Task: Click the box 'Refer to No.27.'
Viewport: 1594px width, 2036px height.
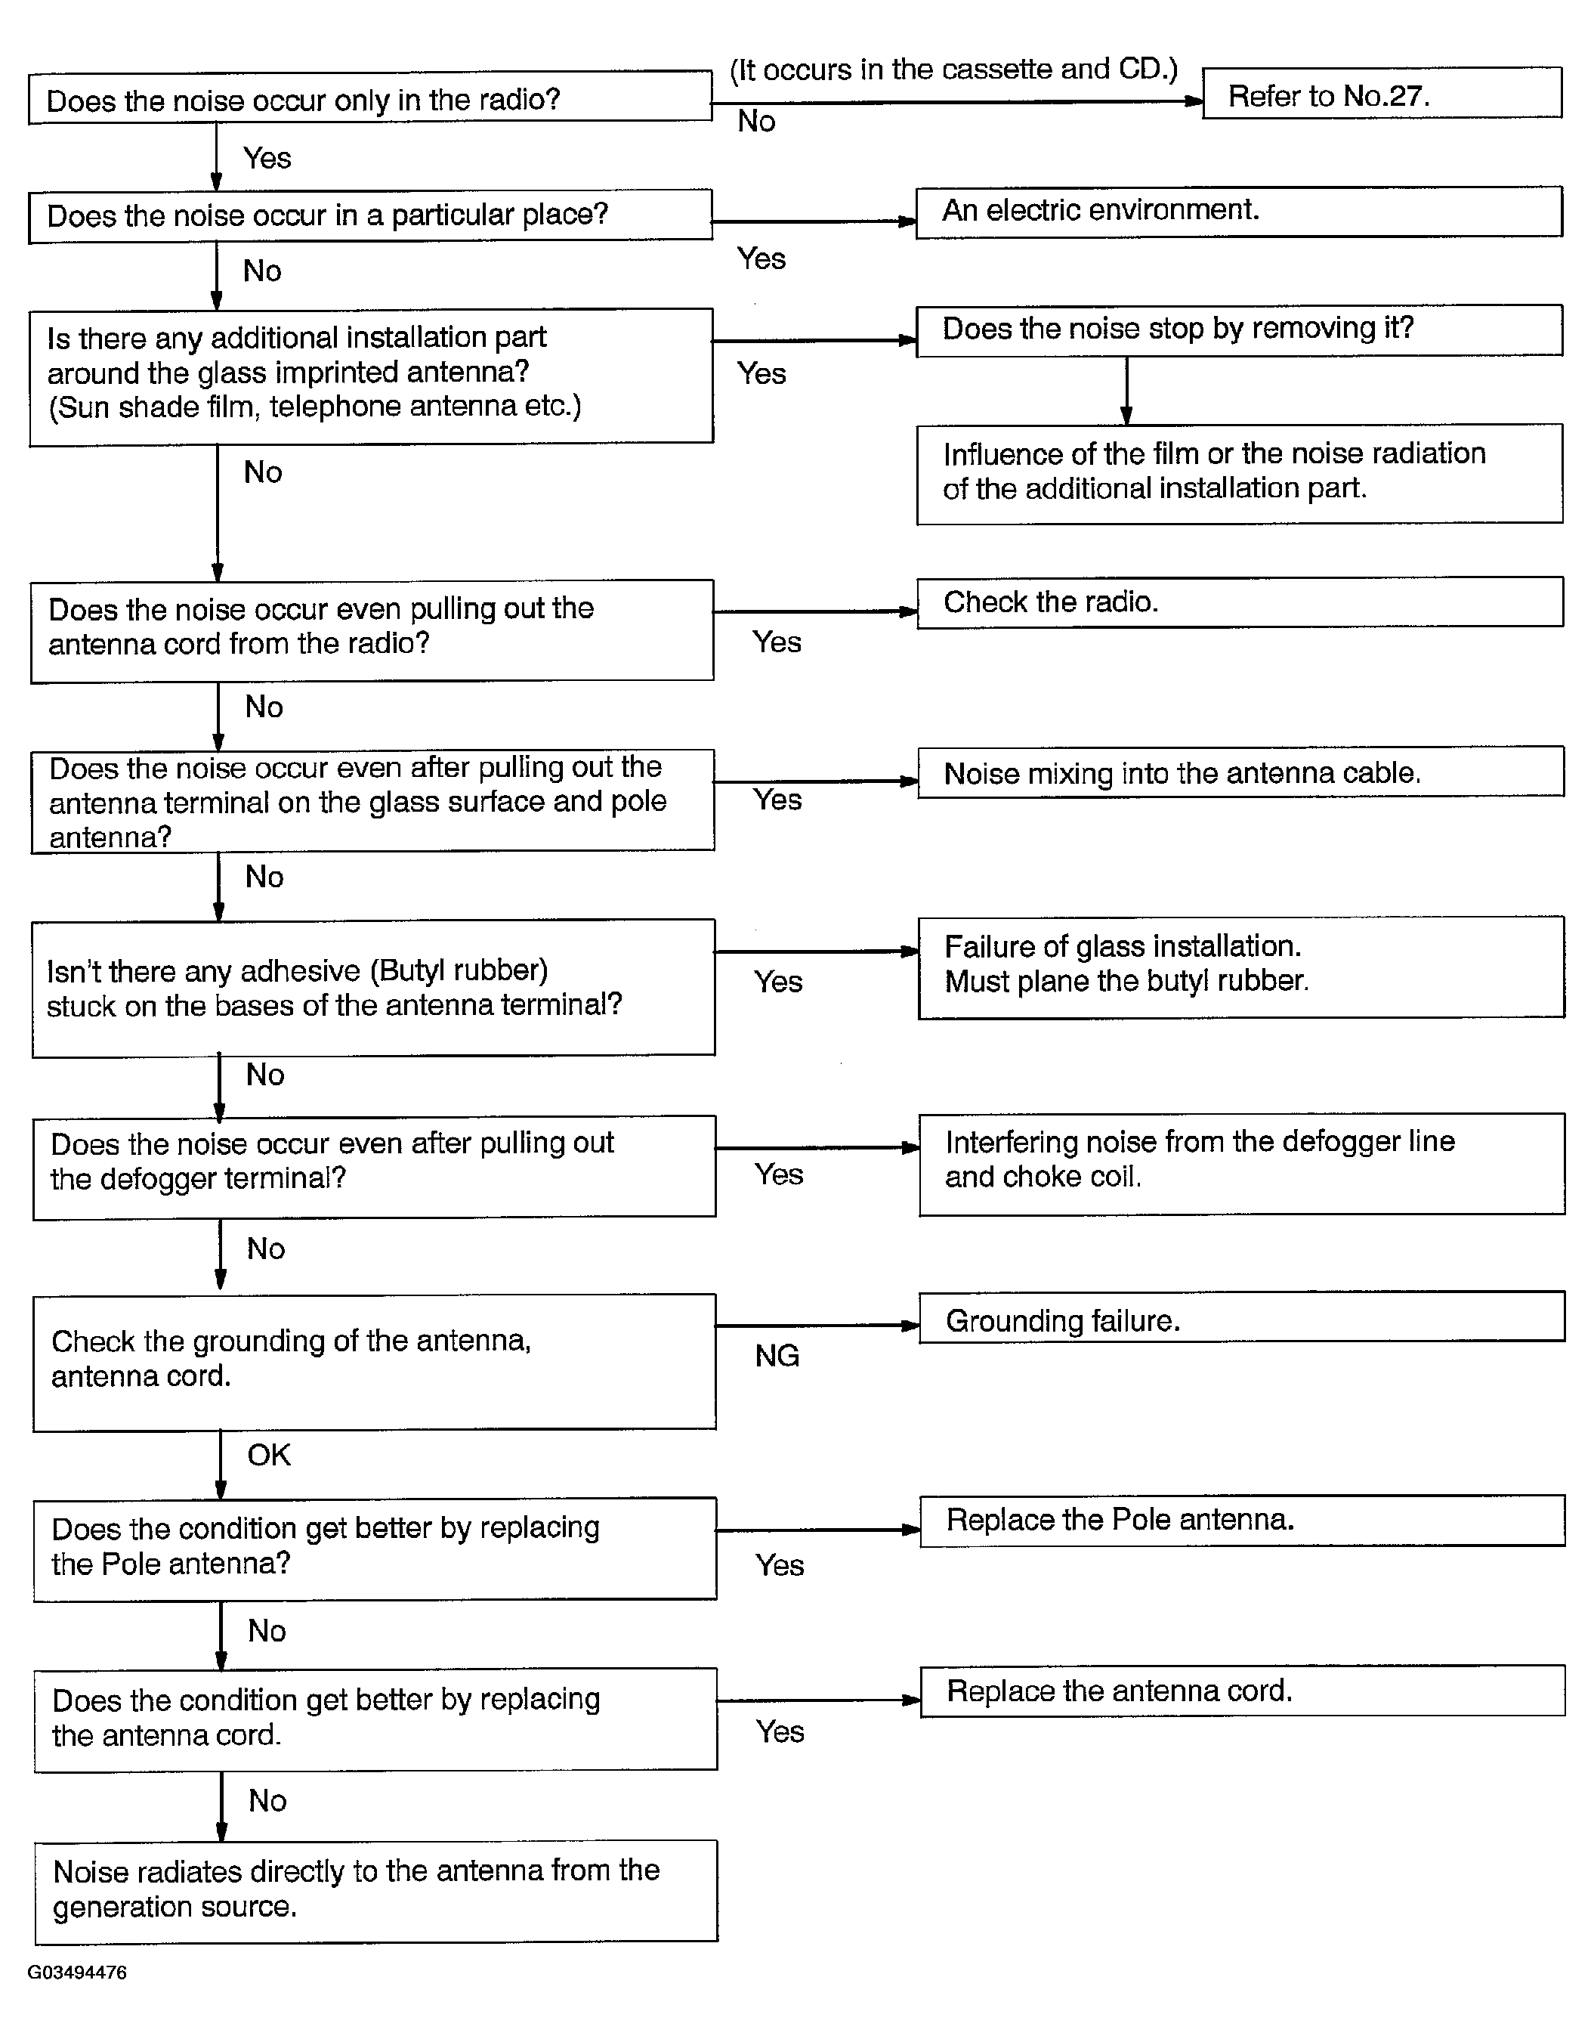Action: [x=1381, y=94]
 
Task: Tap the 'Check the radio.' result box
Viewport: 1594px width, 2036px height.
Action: [x=1240, y=602]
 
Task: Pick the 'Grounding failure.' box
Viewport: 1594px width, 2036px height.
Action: [x=1241, y=1318]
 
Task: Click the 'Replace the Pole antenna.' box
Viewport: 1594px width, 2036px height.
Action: [x=1241, y=1521]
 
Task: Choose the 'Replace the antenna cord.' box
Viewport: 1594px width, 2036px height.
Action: [x=1241, y=1691]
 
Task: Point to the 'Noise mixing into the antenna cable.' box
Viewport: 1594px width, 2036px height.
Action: [x=1240, y=772]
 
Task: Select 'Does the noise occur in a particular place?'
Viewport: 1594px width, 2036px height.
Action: [x=369, y=215]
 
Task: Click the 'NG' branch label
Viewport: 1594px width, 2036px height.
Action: [x=777, y=1356]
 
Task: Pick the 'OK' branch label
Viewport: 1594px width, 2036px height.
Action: [x=269, y=1454]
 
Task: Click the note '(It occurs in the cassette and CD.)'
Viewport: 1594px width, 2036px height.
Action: [x=953, y=69]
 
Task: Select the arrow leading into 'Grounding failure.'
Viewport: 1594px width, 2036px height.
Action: [x=817, y=1325]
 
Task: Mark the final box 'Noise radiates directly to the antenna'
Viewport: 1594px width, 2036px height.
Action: [x=376, y=1890]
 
